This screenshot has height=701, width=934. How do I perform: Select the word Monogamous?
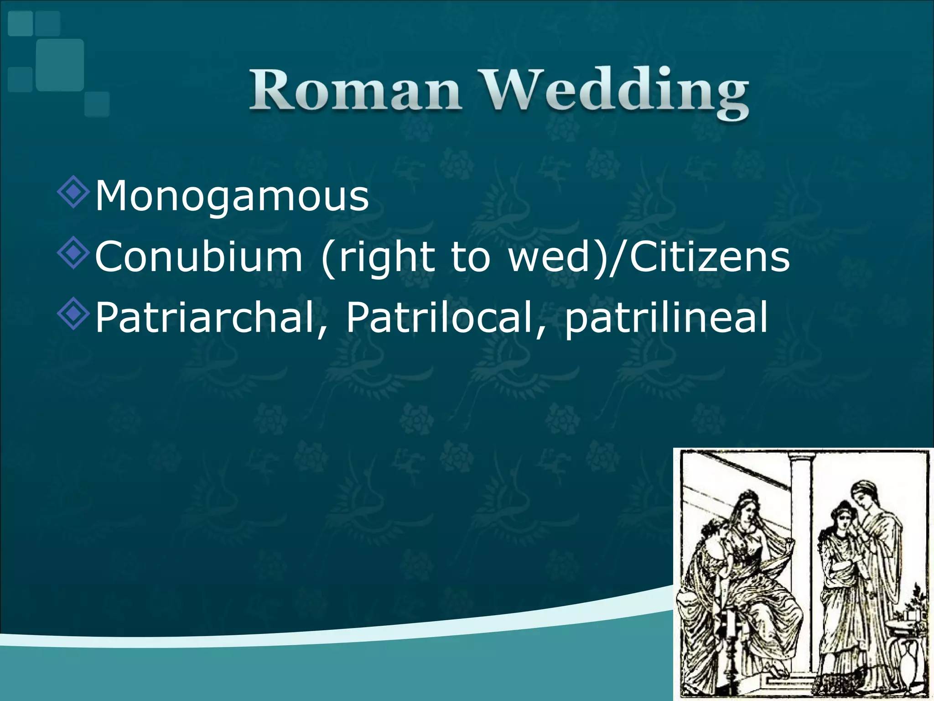tap(232, 196)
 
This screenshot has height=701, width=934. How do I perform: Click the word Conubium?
tap(199, 256)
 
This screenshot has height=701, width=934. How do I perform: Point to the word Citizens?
tap(710, 256)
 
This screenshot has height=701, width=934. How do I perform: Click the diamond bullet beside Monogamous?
tap(73, 193)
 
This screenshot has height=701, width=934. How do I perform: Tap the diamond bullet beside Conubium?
tap(73, 254)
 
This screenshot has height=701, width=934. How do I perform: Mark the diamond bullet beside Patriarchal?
tap(73, 314)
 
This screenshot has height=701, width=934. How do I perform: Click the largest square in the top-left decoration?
tap(60, 65)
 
